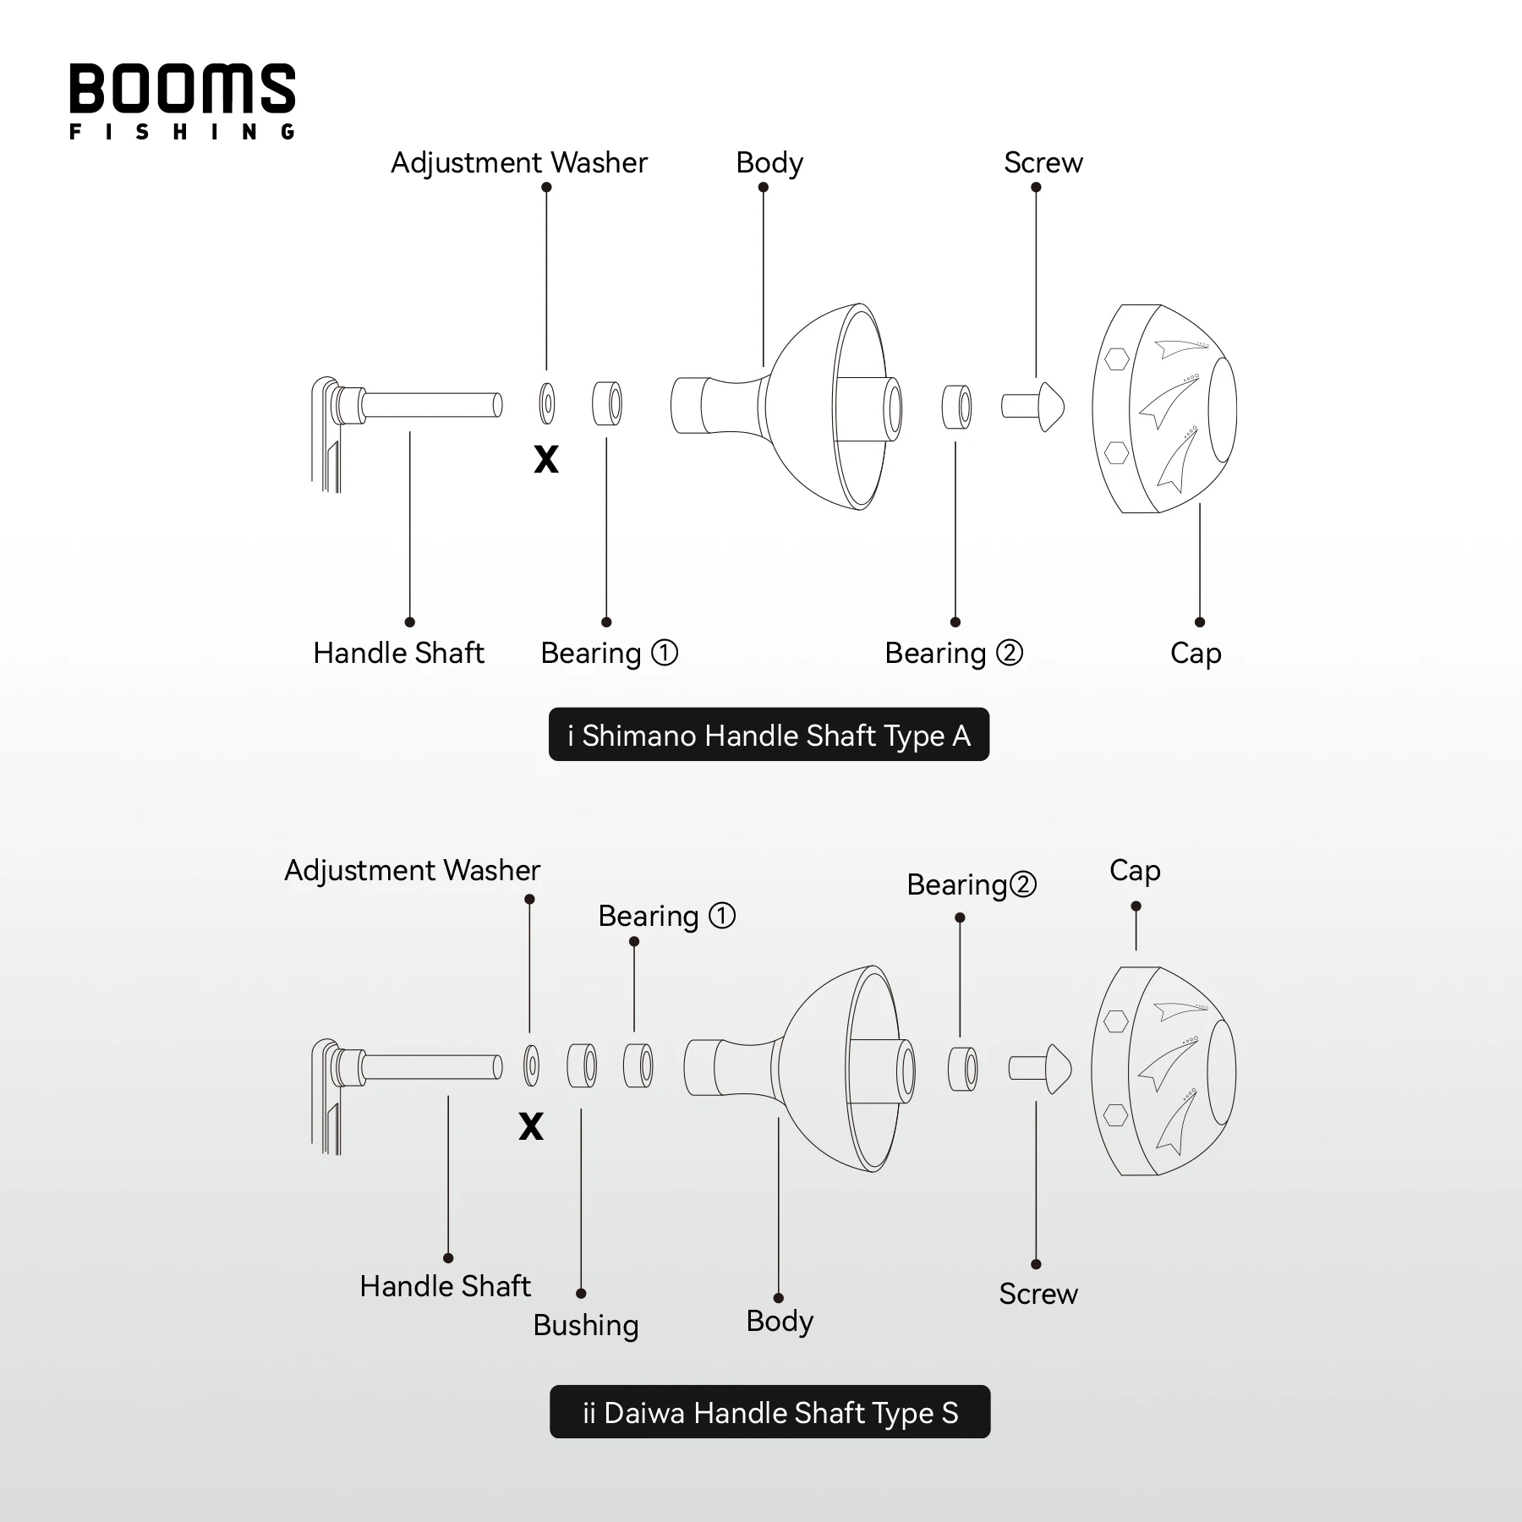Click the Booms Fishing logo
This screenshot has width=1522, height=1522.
[182, 101]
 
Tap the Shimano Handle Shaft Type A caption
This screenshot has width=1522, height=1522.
[769, 735]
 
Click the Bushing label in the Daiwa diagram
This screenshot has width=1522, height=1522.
[585, 1325]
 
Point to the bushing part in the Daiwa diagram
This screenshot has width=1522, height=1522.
[581, 1065]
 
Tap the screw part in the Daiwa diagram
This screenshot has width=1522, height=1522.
[1040, 1069]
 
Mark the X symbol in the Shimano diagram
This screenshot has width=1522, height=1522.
[546, 459]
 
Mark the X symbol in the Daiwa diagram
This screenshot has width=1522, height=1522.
[531, 1126]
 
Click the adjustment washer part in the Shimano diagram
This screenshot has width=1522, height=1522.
[547, 403]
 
